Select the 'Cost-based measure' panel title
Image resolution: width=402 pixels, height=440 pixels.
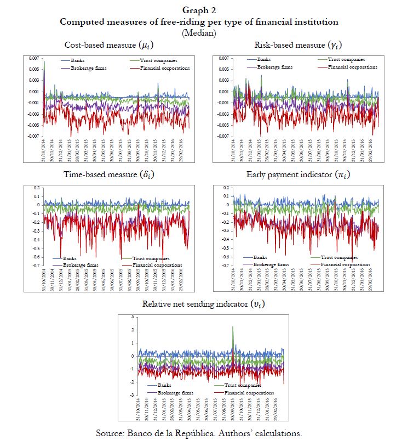point(107,45)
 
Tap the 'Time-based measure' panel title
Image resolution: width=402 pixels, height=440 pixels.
point(107,176)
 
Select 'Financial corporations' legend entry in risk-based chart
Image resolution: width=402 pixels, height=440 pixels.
point(353,67)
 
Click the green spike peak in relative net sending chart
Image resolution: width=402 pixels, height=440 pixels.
point(233,327)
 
